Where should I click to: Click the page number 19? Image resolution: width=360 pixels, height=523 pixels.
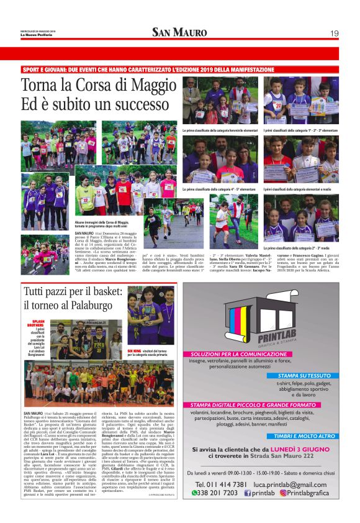coord(334,33)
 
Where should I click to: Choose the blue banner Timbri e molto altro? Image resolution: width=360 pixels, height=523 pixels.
coord(308,436)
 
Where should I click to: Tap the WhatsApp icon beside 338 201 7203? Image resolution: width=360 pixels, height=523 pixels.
coord(194,493)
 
